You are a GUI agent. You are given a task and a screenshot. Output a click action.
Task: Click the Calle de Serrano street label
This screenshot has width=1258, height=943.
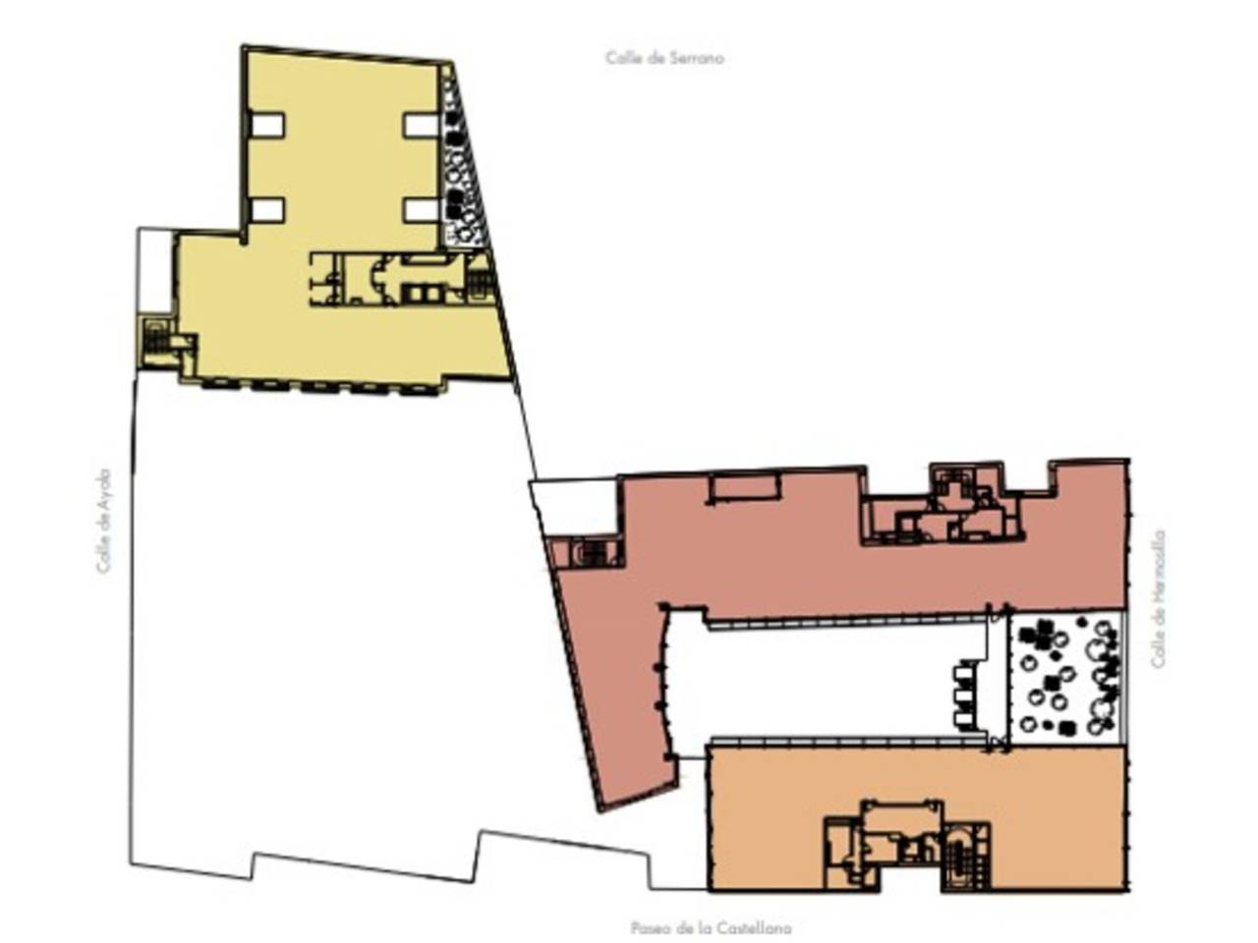tap(664, 58)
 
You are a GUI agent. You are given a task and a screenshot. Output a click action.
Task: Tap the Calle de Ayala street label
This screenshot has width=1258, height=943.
tap(103, 521)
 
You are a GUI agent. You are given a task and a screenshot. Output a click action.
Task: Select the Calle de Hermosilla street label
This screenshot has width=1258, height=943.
tap(1158, 598)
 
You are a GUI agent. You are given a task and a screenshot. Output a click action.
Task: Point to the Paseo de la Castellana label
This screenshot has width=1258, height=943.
tap(711, 927)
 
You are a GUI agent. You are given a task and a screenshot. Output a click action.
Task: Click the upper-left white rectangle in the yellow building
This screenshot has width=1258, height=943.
tap(266, 125)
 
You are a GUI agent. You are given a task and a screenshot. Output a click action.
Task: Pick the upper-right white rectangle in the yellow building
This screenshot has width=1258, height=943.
tap(421, 126)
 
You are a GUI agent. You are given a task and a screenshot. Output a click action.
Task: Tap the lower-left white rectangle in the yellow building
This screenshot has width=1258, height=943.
tap(267, 210)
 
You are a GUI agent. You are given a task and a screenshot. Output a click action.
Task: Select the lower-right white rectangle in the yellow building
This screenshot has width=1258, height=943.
tap(421, 210)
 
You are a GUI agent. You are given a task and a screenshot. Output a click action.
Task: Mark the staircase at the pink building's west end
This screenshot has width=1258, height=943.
tap(595, 554)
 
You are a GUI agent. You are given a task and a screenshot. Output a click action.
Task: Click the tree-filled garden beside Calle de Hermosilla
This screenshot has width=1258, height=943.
tap(1065, 678)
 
